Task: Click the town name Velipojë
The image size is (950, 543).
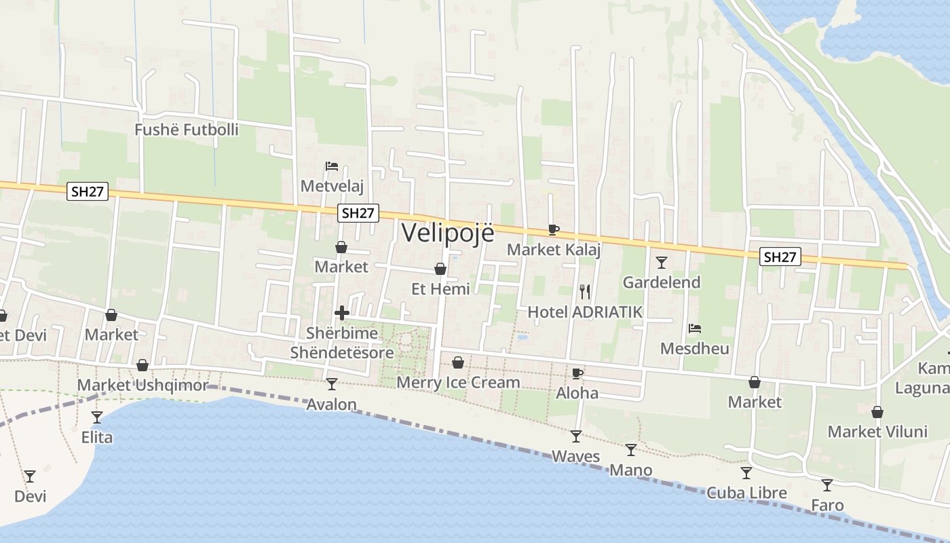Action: point(448,232)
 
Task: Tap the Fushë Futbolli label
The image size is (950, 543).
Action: point(187,130)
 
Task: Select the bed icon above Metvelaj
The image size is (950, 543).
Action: point(332,166)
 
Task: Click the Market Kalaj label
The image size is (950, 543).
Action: point(554,250)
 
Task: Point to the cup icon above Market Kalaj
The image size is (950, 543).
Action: point(554,229)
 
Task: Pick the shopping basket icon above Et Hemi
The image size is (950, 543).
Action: point(440,269)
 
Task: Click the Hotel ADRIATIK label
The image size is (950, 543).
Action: point(585,312)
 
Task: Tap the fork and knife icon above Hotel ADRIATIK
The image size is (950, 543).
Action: point(585,292)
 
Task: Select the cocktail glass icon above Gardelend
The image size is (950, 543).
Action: point(662,262)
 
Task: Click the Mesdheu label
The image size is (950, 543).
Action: point(695,349)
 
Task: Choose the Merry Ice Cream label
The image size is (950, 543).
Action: point(458,383)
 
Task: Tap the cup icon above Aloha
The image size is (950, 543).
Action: point(577,373)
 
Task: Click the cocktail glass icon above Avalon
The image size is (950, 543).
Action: point(332,384)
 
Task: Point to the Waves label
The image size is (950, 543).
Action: point(576,456)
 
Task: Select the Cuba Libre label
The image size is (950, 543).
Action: point(746,493)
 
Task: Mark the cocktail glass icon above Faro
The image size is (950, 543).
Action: point(827,485)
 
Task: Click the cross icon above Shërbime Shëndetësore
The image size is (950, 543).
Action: point(342,313)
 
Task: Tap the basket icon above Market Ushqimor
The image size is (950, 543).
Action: point(142,366)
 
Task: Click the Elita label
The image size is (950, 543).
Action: point(97,438)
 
